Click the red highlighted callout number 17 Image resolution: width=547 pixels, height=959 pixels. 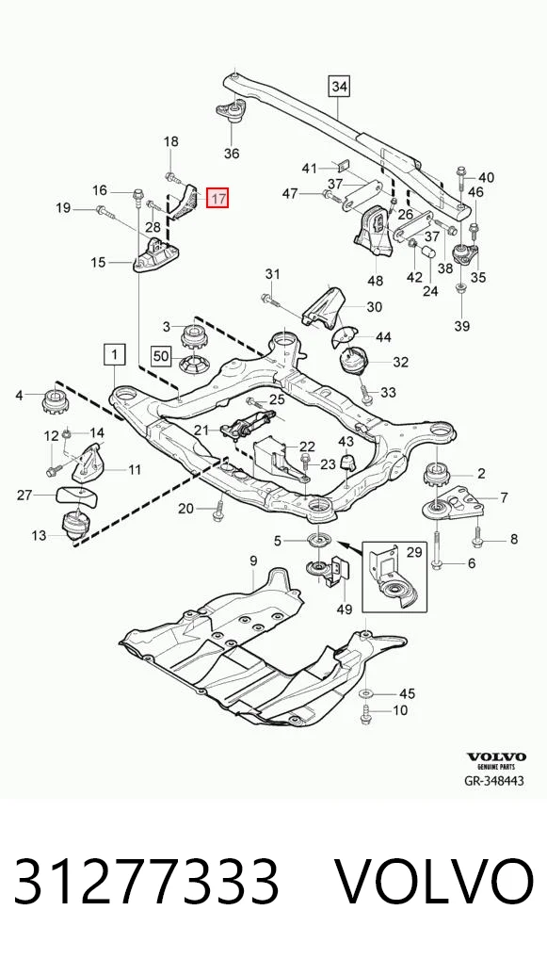pyautogui.click(x=217, y=198)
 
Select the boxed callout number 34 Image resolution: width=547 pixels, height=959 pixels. pyautogui.click(x=339, y=87)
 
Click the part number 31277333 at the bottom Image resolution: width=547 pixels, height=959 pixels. pyautogui.click(x=147, y=883)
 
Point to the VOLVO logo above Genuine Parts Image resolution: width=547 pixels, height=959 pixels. pyautogui.click(x=496, y=757)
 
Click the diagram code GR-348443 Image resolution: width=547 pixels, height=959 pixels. pyautogui.click(x=494, y=781)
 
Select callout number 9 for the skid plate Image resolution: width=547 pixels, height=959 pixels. pyautogui.click(x=253, y=561)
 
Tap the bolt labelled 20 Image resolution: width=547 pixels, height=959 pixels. pyautogui.click(x=218, y=511)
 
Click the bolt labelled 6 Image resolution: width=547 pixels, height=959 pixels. pyautogui.click(x=437, y=548)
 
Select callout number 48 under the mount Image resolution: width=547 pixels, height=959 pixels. pyautogui.click(x=376, y=281)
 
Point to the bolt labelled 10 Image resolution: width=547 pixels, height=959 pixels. pyautogui.click(x=366, y=712)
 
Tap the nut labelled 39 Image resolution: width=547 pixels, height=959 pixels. pyautogui.click(x=460, y=287)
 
